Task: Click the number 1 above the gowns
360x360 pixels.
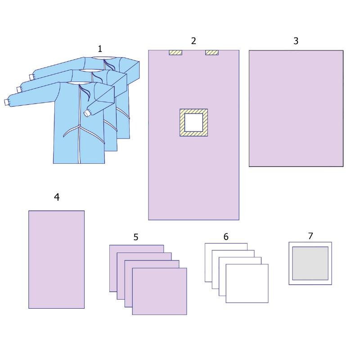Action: coord(100,49)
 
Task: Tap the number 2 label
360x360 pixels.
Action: coord(193,41)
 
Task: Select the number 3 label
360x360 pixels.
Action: coord(296,41)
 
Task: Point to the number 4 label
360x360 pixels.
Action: coord(57,197)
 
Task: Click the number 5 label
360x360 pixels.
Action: coord(136,237)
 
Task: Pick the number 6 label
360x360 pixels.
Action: coord(226,237)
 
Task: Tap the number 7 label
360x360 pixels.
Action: coord(310,236)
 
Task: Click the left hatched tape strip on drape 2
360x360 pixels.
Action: coord(175,53)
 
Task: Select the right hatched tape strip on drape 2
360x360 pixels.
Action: coord(212,53)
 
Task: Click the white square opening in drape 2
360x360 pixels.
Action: coord(194,122)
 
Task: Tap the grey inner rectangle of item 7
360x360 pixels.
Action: coord(310,263)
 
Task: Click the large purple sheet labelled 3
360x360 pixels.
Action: coord(296,108)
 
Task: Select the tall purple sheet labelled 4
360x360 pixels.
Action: coord(57,260)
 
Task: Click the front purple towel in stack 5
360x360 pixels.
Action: coord(160,291)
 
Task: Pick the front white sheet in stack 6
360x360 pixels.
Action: coord(247,283)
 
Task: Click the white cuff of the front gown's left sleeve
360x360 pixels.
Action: coord(7,102)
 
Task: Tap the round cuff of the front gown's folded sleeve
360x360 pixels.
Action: coord(87,113)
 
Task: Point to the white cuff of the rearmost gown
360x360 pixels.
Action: coord(31,77)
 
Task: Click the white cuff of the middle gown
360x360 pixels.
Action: coord(19,90)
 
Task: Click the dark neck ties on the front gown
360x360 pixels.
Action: coord(85,92)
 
